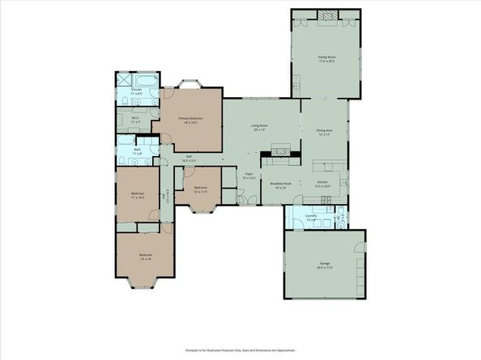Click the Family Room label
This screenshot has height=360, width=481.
326,59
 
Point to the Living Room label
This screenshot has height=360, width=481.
259,128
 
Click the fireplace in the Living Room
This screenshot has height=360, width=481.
281,150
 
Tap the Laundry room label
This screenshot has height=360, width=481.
311,217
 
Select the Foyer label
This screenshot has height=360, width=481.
249,176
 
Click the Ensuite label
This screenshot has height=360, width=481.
137,91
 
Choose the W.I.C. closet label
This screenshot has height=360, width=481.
136,120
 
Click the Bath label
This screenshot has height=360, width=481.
138,150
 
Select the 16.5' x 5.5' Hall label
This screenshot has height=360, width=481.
189,159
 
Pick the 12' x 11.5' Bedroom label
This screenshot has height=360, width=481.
201,189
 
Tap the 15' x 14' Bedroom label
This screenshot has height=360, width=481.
146,257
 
